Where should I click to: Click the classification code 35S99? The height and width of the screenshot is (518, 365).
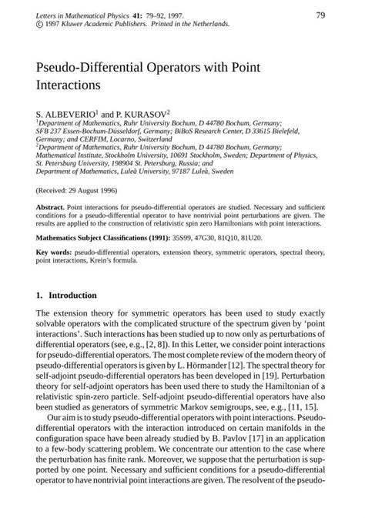[171, 239]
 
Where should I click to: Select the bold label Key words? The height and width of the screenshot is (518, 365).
[54, 253]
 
